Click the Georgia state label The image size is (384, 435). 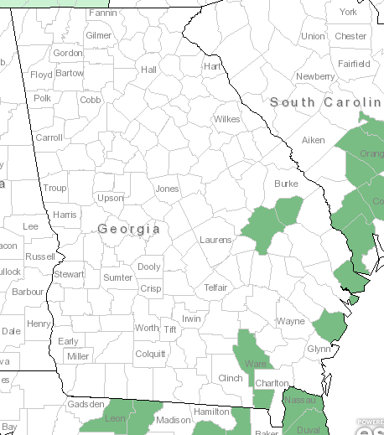pyautogui.click(x=128, y=229)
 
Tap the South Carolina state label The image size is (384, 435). pyautogui.click(x=327, y=102)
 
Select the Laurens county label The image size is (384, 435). pyautogui.click(x=215, y=240)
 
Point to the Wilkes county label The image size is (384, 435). pyautogui.click(x=226, y=119)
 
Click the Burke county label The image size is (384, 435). pyautogui.click(x=286, y=184)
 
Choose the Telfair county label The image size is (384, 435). pyautogui.click(x=215, y=287)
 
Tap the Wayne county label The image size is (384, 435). pyautogui.click(x=291, y=321)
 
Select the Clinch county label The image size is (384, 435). pyautogui.click(x=230, y=378)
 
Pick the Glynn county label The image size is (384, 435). pyautogui.click(x=319, y=349)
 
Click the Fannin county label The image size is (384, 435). pyautogui.click(x=102, y=13)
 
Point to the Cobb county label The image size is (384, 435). pyautogui.click(x=91, y=100)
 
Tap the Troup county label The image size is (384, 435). pyautogui.click(x=54, y=189)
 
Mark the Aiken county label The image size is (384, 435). pyautogui.click(x=313, y=140)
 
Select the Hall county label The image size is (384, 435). pyautogui.click(x=149, y=70)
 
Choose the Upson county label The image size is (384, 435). pyautogui.click(x=110, y=199)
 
